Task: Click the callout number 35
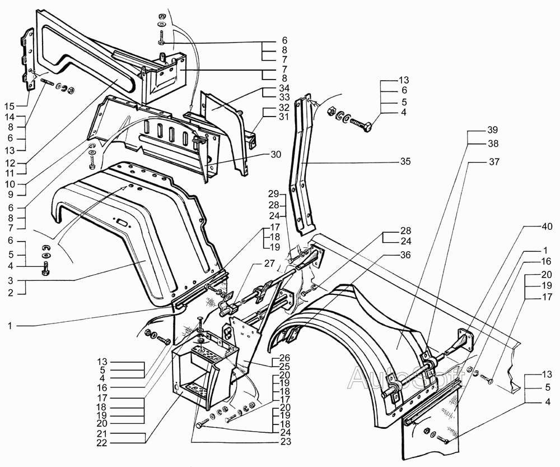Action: (x=405, y=161)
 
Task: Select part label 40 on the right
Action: (x=547, y=226)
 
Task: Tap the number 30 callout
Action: (x=276, y=155)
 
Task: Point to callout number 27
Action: (x=270, y=263)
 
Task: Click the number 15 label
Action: (x=10, y=106)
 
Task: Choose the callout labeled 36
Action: (x=405, y=255)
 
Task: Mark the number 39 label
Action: (x=492, y=130)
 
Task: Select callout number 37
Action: (x=494, y=162)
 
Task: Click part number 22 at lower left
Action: (x=102, y=443)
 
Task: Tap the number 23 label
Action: (x=286, y=442)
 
